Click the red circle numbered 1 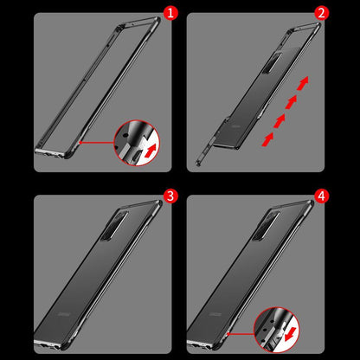170,13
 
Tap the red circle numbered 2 321,13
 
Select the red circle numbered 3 170,196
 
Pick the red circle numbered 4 321,196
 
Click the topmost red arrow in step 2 303,83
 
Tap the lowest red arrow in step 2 267,139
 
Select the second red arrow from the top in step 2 291,102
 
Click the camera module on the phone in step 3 115,226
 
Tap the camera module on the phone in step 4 266,226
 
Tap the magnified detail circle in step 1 137,143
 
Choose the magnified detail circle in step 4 277,330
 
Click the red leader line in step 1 97,142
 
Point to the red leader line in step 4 241,334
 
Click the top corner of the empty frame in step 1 158,19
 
